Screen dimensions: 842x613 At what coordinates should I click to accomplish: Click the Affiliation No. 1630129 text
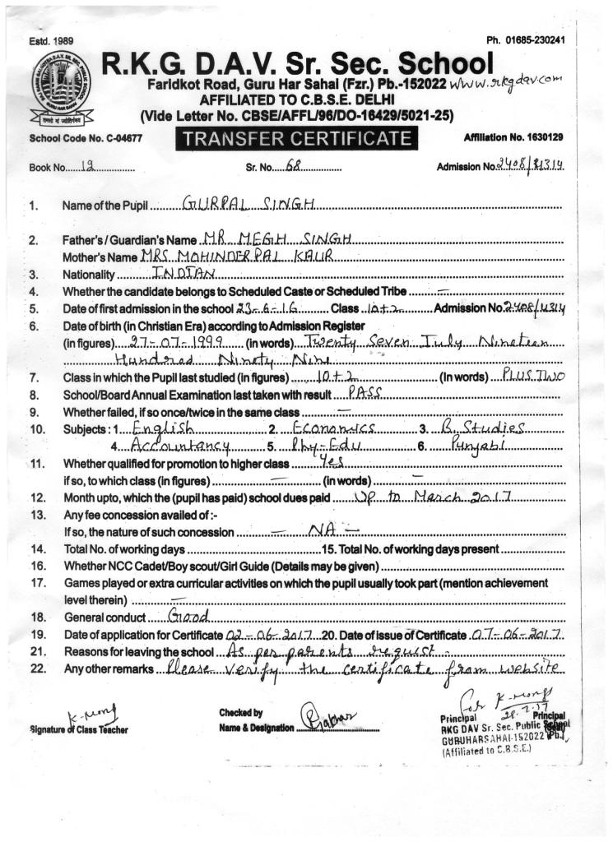[x=513, y=136]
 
